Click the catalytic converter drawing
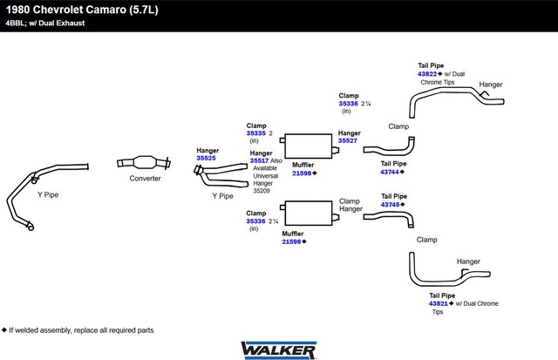(x=144, y=163)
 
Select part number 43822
(x=427, y=74)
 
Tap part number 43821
(x=439, y=303)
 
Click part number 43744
(x=390, y=172)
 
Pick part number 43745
(x=391, y=205)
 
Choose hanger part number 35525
(x=206, y=158)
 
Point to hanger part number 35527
(x=348, y=140)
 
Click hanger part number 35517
(x=259, y=160)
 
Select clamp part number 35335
(x=255, y=133)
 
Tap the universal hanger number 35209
(x=262, y=191)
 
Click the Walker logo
(x=279, y=350)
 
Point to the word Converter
(x=145, y=178)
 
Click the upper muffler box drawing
(x=309, y=146)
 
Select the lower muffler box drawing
(x=309, y=213)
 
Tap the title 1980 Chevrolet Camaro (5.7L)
(x=82, y=10)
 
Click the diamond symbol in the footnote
(x=4, y=329)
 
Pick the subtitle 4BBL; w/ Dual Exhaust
(x=45, y=24)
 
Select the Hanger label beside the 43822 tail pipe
(x=491, y=85)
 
